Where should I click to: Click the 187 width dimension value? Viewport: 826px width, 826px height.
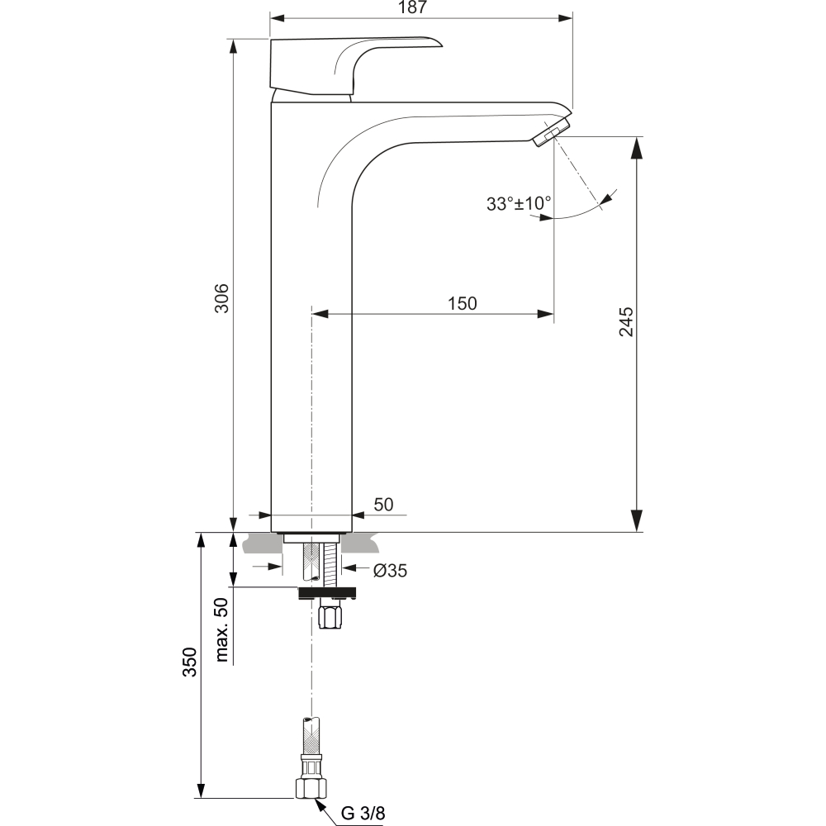pos(412,7)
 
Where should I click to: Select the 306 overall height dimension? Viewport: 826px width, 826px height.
pos(221,298)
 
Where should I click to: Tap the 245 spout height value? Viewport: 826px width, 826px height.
pos(626,321)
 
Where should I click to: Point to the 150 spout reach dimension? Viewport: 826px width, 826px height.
pos(462,303)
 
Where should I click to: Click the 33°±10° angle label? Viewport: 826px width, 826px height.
pos(519,203)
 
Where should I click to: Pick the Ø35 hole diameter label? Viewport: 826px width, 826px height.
pos(390,571)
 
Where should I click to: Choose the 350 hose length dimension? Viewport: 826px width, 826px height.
pos(189,662)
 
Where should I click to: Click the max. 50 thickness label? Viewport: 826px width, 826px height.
pos(221,629)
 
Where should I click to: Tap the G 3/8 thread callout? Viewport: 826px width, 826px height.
pos(363,813)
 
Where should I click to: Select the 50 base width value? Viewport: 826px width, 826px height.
pos(383,505)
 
